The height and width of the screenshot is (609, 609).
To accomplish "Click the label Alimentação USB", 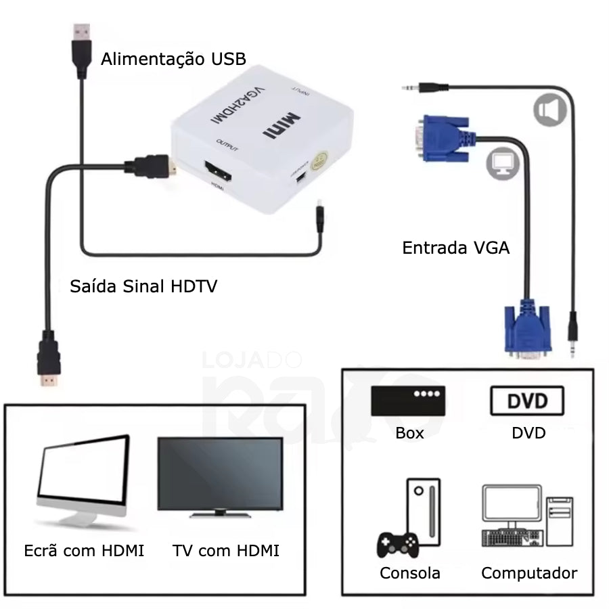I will coord(173,59).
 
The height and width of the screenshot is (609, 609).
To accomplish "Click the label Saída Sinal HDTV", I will coord(143,286).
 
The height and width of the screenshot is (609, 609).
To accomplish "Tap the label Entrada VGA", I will coord(455,248).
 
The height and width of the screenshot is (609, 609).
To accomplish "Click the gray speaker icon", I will coord(549,110).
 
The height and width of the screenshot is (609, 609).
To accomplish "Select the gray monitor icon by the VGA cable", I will coord(502,162).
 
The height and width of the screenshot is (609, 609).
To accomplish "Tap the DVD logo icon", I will coord(526,401).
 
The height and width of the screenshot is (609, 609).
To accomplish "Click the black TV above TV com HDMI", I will coord(220,476).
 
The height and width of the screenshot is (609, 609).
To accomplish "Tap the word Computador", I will coord(529,573).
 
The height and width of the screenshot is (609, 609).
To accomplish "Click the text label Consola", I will coord(410,573).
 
